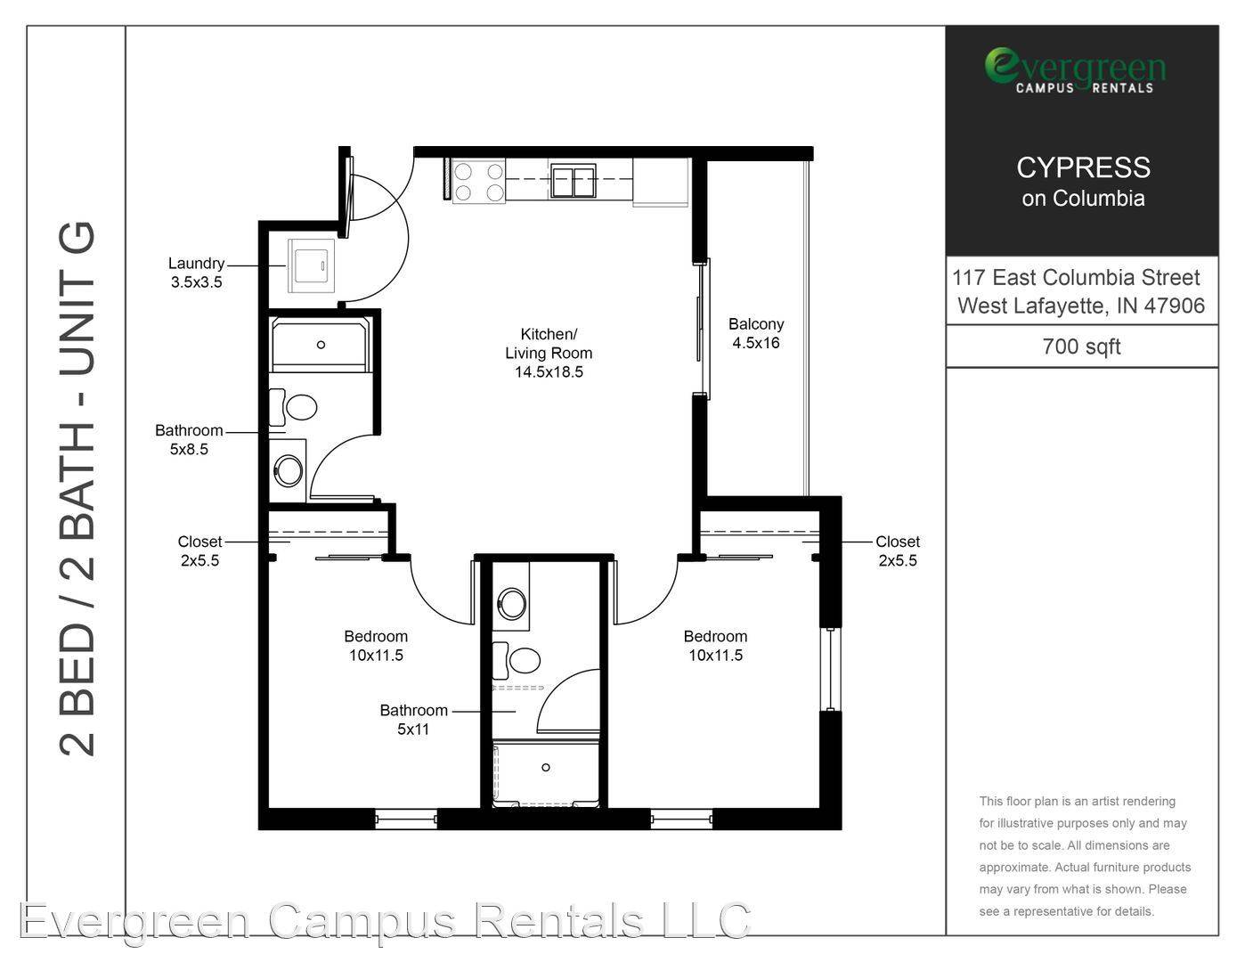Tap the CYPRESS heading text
tap(1083, 167)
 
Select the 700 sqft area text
tap(1081, 346)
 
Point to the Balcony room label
tap(756, 324)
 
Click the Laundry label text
tap(196, 264)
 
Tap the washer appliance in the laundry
tap(311, 265)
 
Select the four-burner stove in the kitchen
tap(479, 182)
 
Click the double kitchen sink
tap(573, 181)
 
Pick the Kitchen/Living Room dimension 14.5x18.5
tap(549, 372)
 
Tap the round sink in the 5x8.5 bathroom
tap(289, 471)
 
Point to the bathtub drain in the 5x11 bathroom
tap(546, 767)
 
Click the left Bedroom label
tap(376, 637)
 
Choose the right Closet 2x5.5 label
tap(898, 550)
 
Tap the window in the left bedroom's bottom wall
tap(405, 819)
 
